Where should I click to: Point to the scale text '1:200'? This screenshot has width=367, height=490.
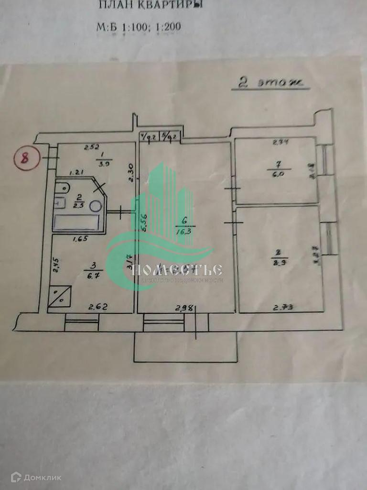(167, 27)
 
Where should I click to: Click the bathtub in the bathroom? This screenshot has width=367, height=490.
(77, 223)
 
